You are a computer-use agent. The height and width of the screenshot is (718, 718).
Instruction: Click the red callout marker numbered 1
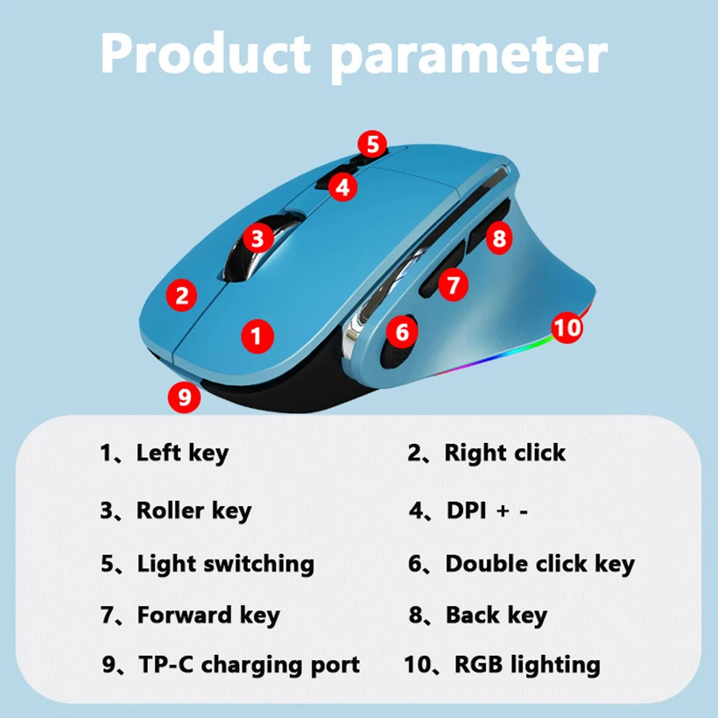coord(257,336)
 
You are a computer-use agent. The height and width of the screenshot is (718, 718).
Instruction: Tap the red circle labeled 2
coord(182,295)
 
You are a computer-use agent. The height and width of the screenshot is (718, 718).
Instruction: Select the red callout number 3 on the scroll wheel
coord(258,238)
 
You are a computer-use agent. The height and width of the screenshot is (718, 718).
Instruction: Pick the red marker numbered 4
coord(342,187)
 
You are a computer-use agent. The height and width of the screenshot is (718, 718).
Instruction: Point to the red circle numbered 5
coord(372,144)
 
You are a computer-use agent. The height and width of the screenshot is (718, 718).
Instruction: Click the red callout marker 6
coord(402,332)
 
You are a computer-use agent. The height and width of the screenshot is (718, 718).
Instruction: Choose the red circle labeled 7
coord(454,285)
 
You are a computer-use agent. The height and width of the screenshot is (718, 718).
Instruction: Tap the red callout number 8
coord(499,237)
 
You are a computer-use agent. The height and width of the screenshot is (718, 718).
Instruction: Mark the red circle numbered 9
coord(185,397)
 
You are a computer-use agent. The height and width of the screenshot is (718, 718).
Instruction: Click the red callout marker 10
coord(567,327)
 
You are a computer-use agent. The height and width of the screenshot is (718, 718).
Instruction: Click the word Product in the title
coord(206,53)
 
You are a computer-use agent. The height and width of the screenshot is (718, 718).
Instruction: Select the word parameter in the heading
coord(469,58)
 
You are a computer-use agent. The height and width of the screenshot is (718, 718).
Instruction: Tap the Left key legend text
coord(182,454)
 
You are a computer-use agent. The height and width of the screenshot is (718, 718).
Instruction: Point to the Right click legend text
coord(505,453)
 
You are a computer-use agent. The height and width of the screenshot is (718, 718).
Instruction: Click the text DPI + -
coord(487,510)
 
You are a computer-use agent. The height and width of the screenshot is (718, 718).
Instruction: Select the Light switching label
coord(226,564)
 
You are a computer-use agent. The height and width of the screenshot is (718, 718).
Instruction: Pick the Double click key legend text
coord(540,564)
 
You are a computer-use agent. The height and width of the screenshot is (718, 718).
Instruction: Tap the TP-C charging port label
coord(249,665)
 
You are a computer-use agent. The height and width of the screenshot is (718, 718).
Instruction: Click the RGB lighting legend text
coord(527,665)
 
